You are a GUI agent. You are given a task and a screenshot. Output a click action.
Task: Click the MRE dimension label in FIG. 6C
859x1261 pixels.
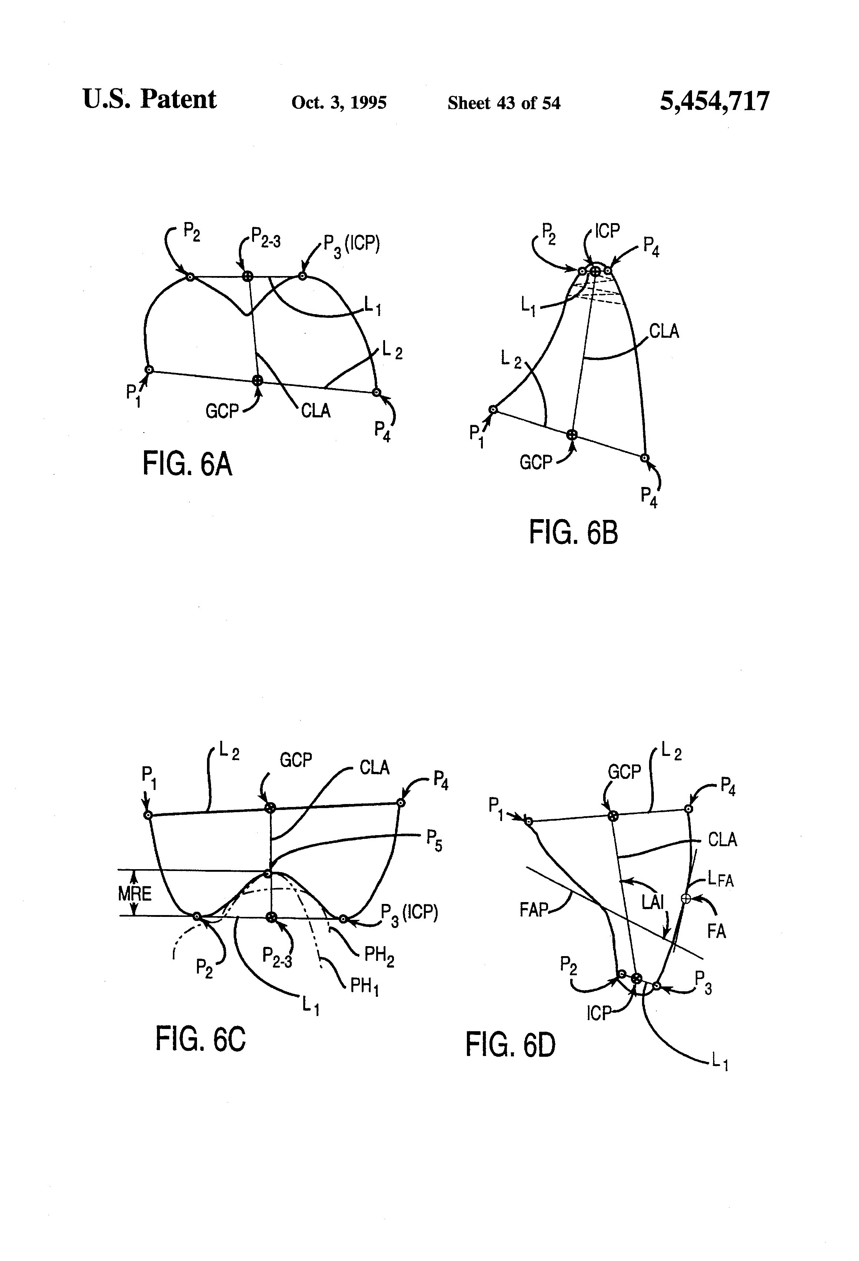click(x=135, y=893)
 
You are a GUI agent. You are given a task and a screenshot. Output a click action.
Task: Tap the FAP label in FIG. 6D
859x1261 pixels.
click(x=534, y=910)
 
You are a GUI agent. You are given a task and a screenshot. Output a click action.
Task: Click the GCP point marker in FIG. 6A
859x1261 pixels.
click(x=257, y=380)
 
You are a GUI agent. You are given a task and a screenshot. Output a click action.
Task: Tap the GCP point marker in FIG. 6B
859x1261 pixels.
click(x=571, y=434)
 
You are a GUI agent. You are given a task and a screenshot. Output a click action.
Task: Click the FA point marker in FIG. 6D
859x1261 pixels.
click(x=685, y=898)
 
